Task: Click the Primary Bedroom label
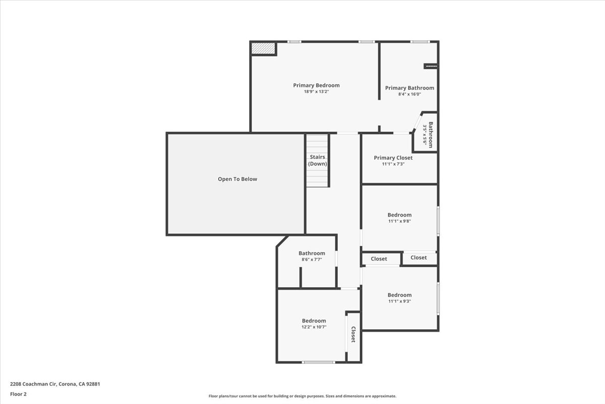tap(316, 85)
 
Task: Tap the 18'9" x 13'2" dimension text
tap(316, 92)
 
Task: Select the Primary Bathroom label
tap(409, 88)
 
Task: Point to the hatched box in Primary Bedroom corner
tap(264, 48)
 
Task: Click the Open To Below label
tap(237, 179)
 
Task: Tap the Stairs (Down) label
tap(317, 160)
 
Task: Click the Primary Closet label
tap(393, 158)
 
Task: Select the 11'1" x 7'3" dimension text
tap(393, 164)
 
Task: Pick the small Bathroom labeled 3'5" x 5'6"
tap(428, 135)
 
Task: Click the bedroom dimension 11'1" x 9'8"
tap(399, 221)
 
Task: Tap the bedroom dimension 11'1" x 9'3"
tap(399, 301)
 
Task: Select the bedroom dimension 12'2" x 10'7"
tap(314, 327)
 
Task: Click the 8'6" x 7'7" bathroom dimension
tap(311, 260)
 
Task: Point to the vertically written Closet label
tap(353, 334)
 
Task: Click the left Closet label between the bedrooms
tap(379, 259)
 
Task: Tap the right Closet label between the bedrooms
tap(418, 258)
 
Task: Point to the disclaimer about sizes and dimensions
tap(302, 396)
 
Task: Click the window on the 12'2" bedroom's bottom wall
tap(318, 362)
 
